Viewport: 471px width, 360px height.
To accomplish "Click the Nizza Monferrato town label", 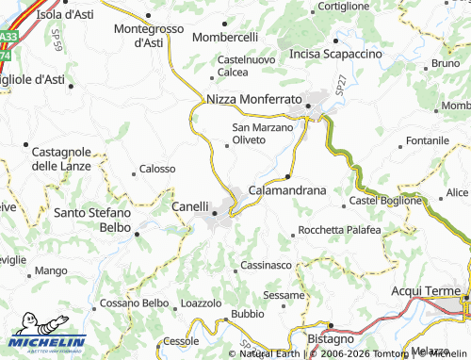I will (253, 99).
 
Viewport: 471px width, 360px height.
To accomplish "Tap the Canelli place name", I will (189, 205).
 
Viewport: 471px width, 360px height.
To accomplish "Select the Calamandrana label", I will (286, 189).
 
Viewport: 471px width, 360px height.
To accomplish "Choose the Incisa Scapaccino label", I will (335, 55).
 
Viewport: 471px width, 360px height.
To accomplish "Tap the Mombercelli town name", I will (225, 38).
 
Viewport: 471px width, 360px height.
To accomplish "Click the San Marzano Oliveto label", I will (249, 134).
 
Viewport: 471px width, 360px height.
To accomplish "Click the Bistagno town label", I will (331, 337).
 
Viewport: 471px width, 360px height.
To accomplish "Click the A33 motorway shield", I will (8, 38).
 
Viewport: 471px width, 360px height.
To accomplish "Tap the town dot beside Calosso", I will (133, 170).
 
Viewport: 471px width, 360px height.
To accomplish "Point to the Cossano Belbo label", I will (133, 303).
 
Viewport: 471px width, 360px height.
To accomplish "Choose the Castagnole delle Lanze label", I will (61, 158).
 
